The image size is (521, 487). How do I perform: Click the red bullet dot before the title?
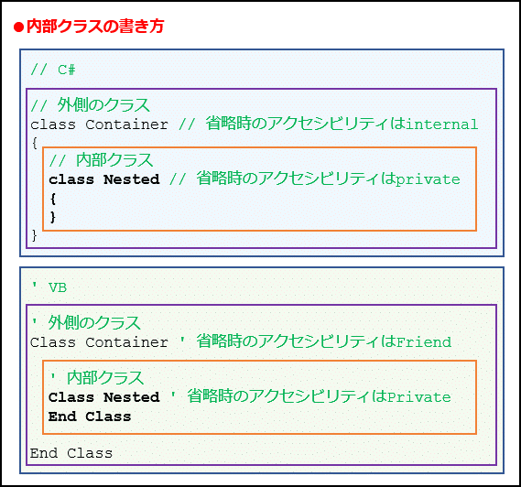coord(18,27)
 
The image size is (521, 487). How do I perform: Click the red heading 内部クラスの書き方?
coord(95,27)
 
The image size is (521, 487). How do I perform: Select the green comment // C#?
coord(53,70)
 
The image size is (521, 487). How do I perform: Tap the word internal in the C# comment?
coord(441,124)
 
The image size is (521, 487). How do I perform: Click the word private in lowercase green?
coord(428,180)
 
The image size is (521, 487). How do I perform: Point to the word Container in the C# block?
coord(126,124)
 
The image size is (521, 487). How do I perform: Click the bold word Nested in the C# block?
coord(132,179)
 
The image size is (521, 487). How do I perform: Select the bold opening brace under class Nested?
coord(53,199)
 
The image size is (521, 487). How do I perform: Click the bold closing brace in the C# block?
coord(53,217)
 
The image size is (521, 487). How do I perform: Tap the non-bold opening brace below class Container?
coord(34,144)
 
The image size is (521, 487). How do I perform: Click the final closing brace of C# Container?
coord(34,235)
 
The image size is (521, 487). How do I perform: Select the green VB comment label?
coord(49,287)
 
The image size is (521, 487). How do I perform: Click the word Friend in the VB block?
coord(424,342)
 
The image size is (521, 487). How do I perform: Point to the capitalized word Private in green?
coord(419,397)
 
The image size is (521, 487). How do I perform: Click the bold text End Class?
coord(90,417)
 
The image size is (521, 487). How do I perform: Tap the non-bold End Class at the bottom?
coord(71,453)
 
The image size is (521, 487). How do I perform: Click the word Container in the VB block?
coord(126,342)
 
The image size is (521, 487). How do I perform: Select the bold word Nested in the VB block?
coord(132,397)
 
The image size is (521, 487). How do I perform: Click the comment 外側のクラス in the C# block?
coord(103,105)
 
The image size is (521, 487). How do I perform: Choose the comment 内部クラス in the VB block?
coord(105,378)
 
